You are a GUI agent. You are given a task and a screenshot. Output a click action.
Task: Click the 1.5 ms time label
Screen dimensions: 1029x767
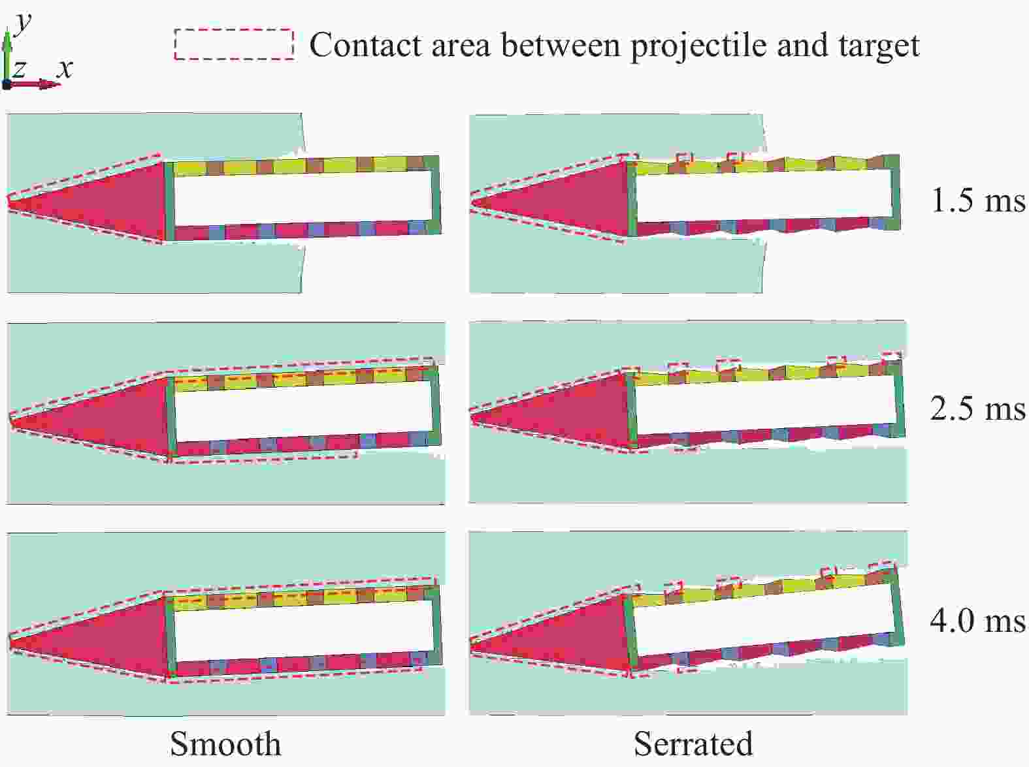(x=978, y=200)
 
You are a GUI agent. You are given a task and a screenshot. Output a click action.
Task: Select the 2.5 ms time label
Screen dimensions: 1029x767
(x=978, y=409)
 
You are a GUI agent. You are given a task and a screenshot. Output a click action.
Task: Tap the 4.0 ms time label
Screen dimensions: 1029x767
(x=978, y=621)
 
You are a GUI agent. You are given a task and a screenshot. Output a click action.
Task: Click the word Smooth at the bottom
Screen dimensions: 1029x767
(x=225, y=743)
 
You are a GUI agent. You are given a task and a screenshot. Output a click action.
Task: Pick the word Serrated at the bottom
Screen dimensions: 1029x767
(x=693, y=743)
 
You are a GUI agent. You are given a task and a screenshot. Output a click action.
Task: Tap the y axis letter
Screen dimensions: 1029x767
(x=22, y=23)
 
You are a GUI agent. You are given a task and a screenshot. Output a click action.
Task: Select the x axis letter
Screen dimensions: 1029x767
(x=65, y=69)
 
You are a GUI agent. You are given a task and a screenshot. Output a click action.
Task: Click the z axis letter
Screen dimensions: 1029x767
(x=19, y=70)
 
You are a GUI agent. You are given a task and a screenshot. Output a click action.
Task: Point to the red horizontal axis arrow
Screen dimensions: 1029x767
(x=33, y=84)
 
